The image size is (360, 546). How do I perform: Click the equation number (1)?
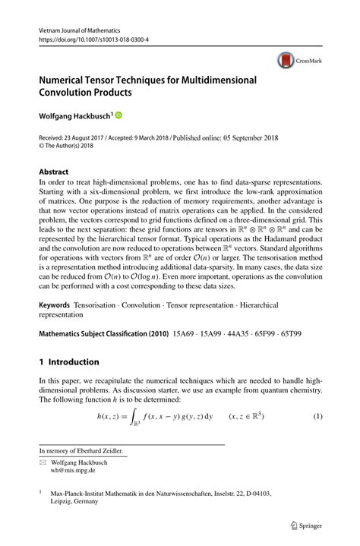pyautogui.click(x=318, y=416)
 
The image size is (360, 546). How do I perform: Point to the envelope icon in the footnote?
pyautogui.click(x=43, y=461)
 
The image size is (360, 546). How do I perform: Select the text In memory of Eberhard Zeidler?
pyautogui.click(x=82, y=450)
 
